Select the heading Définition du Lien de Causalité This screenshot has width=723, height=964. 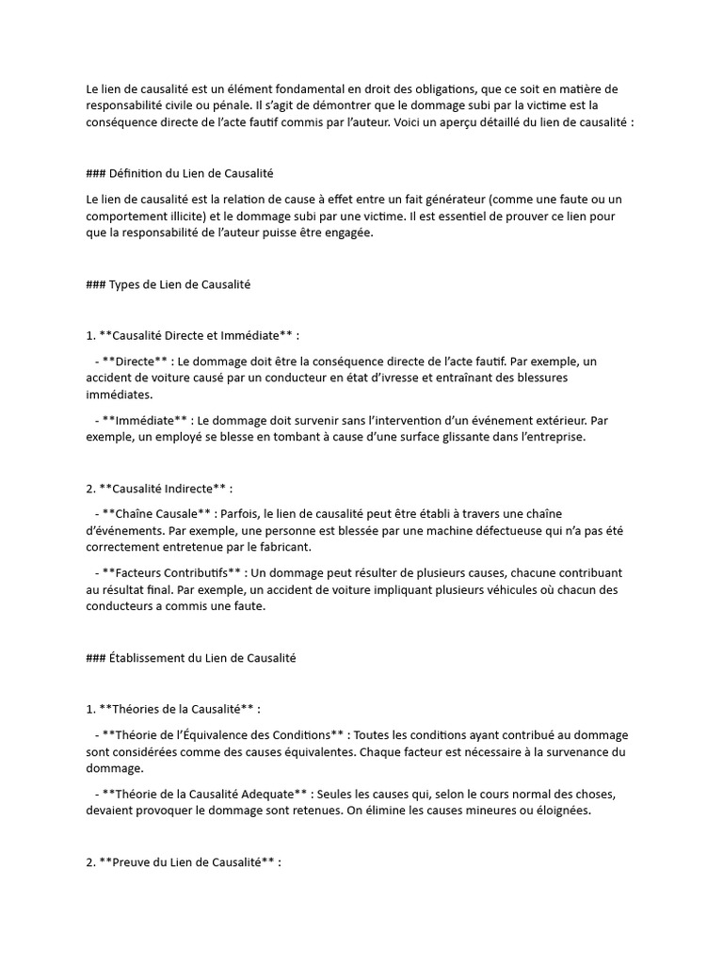coord(191,174)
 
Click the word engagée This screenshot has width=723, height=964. coord(347,233)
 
